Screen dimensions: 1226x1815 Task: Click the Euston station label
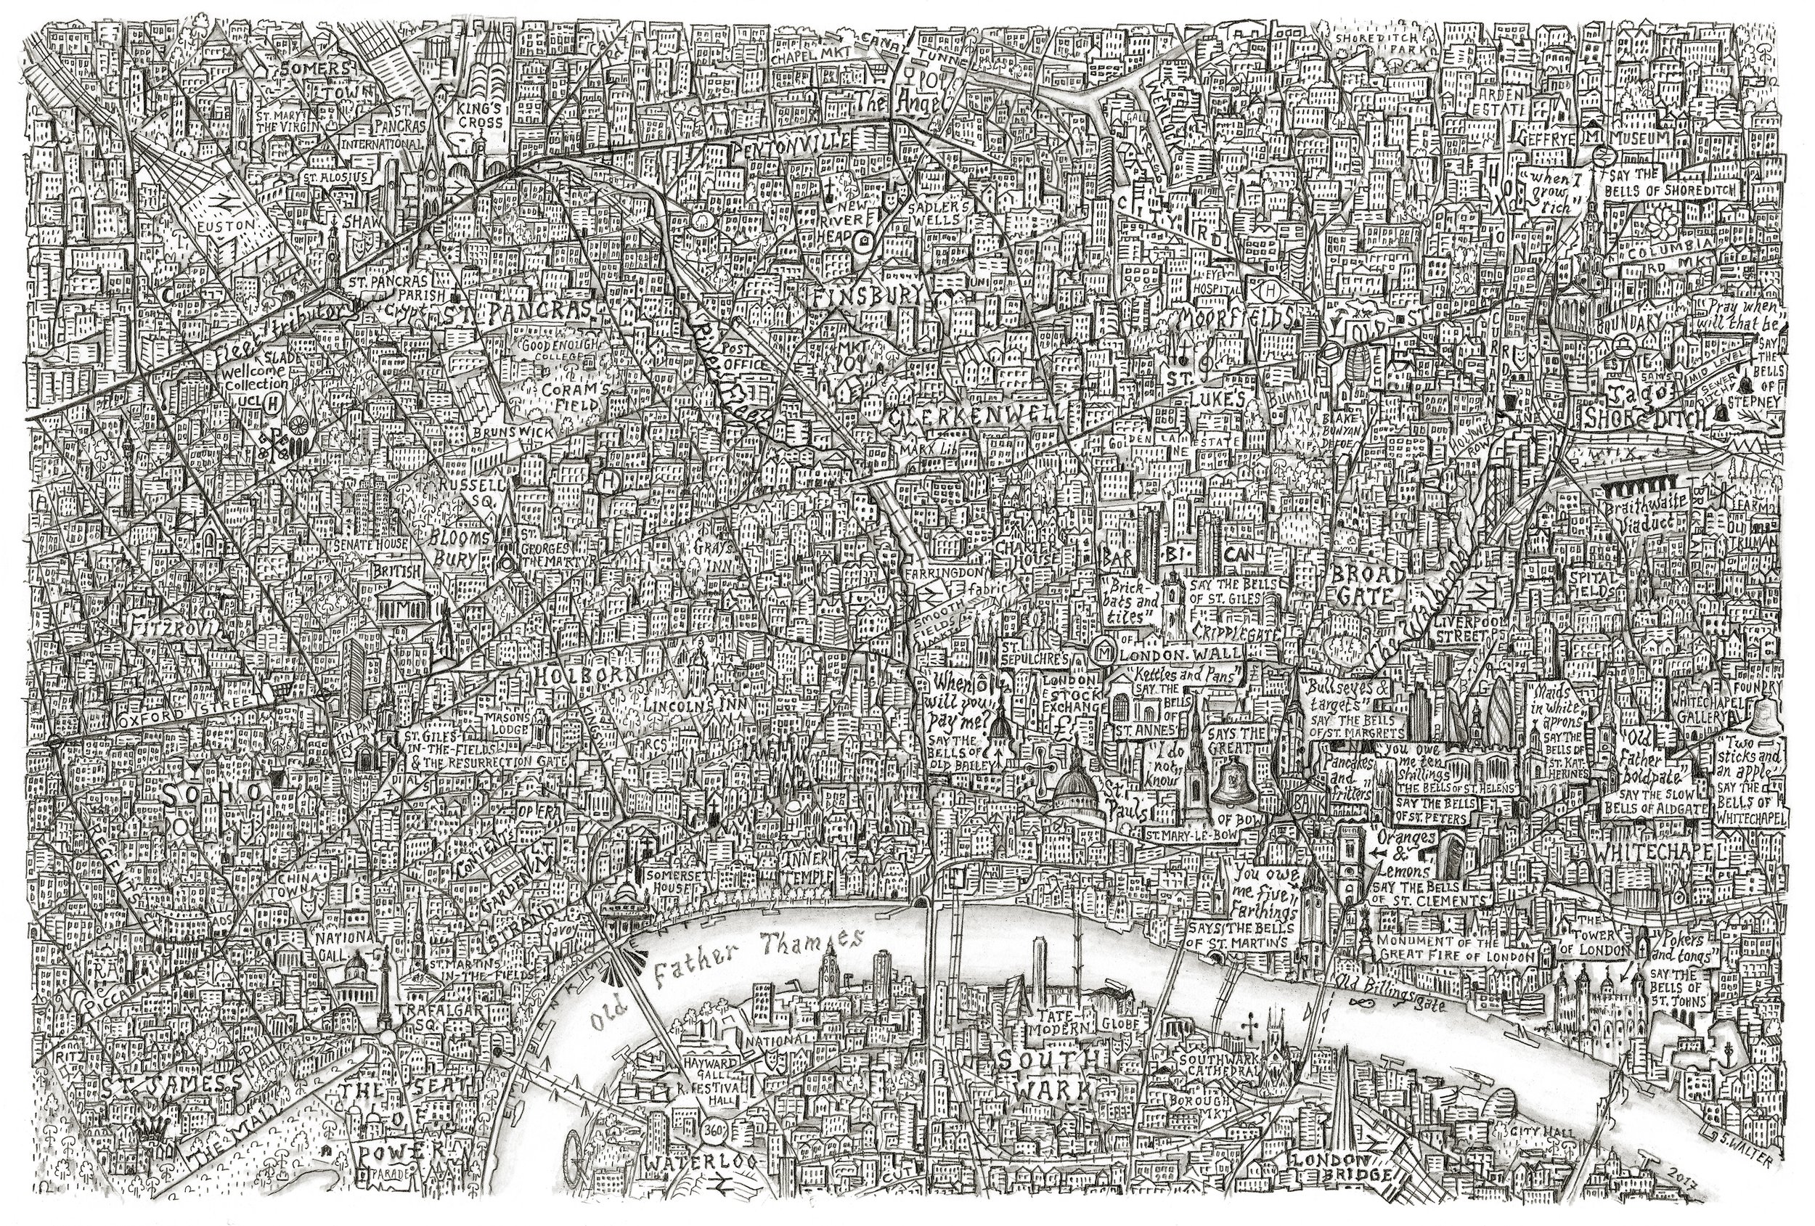tap(227, 225)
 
